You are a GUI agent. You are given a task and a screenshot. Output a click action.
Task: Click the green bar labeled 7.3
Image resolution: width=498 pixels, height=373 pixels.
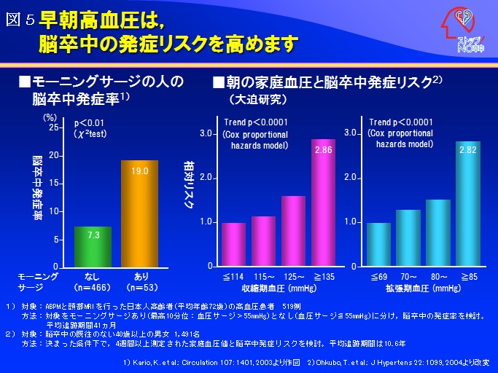click(93, 247)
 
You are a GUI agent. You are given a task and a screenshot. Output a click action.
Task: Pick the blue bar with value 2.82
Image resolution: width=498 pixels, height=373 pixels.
click(469, 204)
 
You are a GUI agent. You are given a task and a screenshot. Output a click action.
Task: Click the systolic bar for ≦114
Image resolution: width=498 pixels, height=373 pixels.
click(233, 244)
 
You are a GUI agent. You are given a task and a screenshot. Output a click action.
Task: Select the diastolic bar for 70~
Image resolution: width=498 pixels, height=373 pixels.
click(408, 237)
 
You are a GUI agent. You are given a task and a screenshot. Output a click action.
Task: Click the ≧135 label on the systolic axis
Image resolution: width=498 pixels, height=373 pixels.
click(323, 277)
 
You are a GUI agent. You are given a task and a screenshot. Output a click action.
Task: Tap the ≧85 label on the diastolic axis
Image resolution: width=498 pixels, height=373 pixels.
click(469, 277)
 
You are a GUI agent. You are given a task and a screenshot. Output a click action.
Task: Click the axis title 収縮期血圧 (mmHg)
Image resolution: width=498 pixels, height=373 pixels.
click(279, 288)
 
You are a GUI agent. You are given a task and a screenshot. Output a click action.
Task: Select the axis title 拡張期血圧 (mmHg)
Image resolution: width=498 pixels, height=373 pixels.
click(424, 288)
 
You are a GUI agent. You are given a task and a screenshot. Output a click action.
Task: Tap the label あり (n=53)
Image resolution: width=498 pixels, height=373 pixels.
click(140, 281)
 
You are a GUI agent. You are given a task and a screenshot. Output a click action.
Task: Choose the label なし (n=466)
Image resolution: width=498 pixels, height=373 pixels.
click(93, 281)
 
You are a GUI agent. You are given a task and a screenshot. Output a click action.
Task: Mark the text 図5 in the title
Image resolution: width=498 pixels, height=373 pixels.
click(20, 20)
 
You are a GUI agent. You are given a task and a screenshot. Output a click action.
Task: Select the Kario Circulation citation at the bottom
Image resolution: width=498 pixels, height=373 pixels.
click(210, 362)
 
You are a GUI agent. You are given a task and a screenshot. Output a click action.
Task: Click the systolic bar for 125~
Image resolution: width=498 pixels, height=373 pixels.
click(293, 230)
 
